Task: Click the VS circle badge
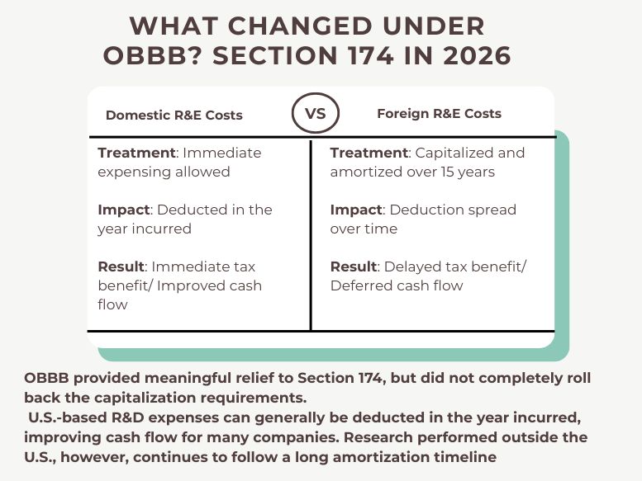pos(316,114)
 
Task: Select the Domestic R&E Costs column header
pos(174,115)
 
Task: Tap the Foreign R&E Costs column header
pos(439,113)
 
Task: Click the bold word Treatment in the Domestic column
pos(136,153)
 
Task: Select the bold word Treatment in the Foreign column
pos(369,153)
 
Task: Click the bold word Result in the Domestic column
pos(121,266)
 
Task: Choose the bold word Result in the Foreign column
pos(353,266)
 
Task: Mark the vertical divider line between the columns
pos(311,235)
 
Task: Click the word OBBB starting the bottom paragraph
pos(48,378)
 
